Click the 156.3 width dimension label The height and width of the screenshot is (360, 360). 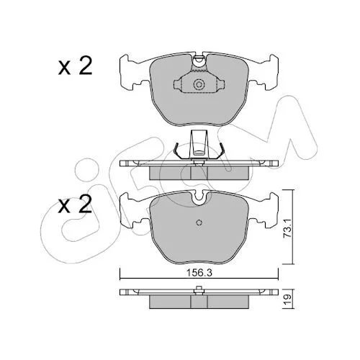(x=199, y=273)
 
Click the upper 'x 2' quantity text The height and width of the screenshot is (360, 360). (x=75, y=66)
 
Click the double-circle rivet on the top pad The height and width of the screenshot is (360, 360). (x=199, y=84)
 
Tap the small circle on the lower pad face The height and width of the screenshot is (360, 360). (x=199, y=222)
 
